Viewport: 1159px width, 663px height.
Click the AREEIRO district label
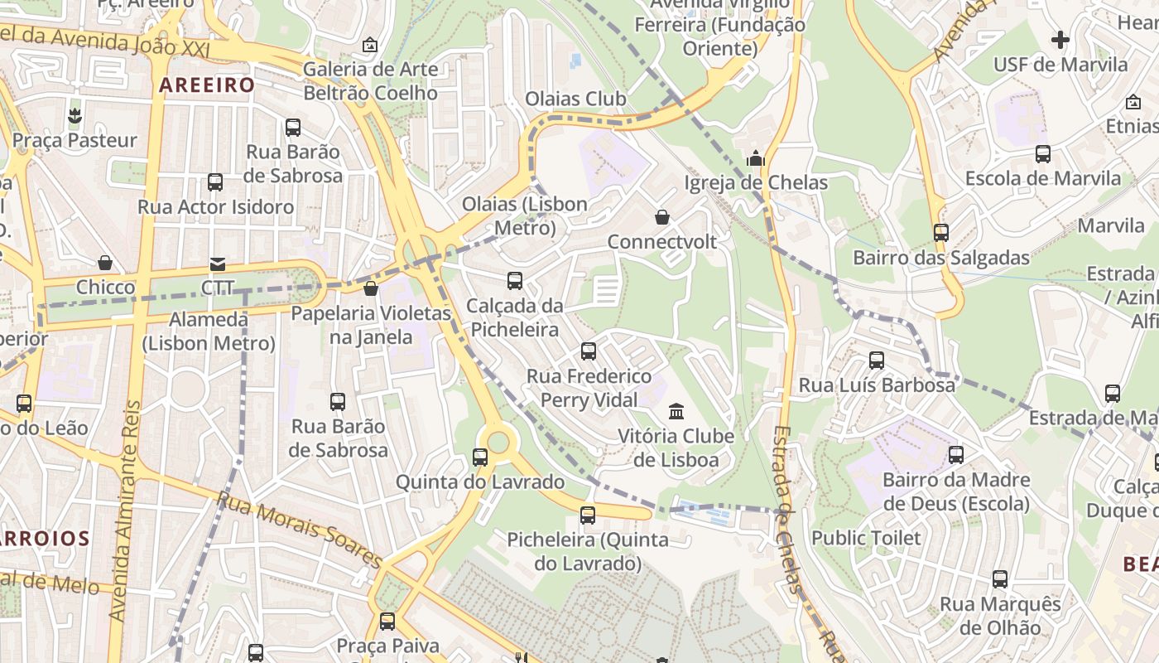(x=207, y=85)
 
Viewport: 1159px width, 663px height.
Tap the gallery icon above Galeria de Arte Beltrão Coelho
(x=370, y=45)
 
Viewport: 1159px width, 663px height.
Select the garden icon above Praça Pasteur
(x=75, y=115)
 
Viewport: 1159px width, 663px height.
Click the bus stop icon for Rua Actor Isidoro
(x=215, y=182)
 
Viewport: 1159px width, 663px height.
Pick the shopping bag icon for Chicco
(x=105, y=263)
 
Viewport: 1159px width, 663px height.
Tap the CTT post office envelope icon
(x=218, y=264)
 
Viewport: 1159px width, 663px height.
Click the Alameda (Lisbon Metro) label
(x=209, y=331)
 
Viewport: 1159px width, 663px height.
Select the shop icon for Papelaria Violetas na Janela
(x=371, y=288)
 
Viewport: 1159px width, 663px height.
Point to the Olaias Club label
(x=575, y=99)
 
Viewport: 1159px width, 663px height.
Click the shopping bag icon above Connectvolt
(x=662, y=217)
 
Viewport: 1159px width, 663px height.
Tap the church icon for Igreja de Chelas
(x=756, y=157)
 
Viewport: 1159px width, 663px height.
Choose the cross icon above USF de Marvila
(x=1060, y=39)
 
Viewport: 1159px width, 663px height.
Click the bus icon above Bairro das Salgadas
(x=941, y=233)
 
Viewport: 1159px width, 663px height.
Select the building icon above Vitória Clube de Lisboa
(x=676, y=411)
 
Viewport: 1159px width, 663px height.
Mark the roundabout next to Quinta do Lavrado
(x=498, y=441)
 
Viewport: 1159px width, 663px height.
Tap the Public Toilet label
(x=866, y=538)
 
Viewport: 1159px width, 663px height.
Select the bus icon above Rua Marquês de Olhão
(x=1000, y=579)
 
